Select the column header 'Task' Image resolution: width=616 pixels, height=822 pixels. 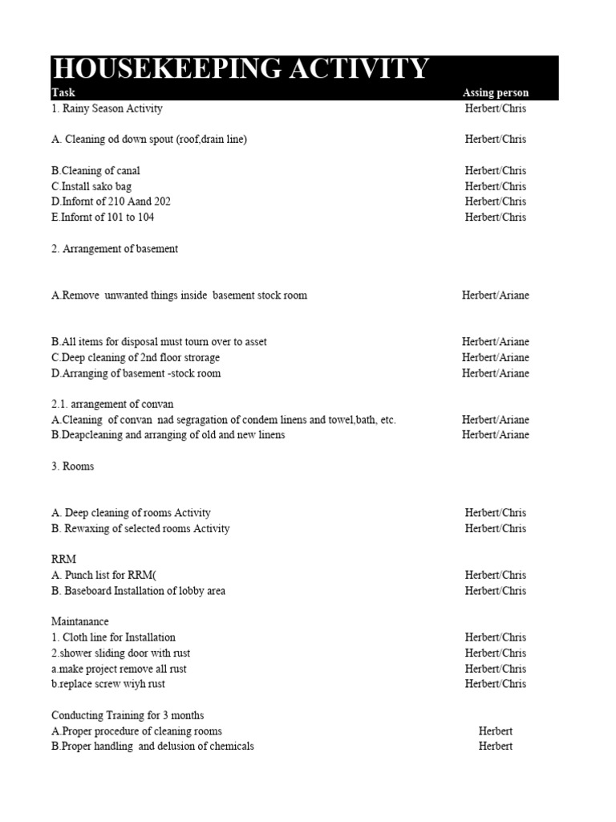[63, 93]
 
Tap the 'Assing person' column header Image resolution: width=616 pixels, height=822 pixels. [495, 93]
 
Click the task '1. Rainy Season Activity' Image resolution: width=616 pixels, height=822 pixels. [107, 108]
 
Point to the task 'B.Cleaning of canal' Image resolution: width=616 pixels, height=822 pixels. [95, 171]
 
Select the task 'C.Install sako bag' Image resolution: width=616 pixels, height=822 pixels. [91, 186]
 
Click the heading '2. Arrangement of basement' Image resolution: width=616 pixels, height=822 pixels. [115, 249]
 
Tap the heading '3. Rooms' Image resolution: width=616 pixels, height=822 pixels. [72, 466]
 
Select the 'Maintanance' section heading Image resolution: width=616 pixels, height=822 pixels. [79, 622]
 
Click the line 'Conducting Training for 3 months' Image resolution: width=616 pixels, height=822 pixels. [128, 715]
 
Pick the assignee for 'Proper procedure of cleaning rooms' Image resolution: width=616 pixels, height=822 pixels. [495, 731]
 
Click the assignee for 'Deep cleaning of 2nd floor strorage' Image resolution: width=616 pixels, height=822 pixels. [495, 358]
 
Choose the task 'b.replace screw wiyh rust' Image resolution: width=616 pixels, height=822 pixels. [108, 685]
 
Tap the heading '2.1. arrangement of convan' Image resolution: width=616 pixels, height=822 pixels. [112, 404]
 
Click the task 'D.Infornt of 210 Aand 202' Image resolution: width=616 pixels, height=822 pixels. [111, 201]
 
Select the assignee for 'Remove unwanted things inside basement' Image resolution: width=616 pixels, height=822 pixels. [495, 295]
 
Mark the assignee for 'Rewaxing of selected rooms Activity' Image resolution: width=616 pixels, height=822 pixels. [495, 529]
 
